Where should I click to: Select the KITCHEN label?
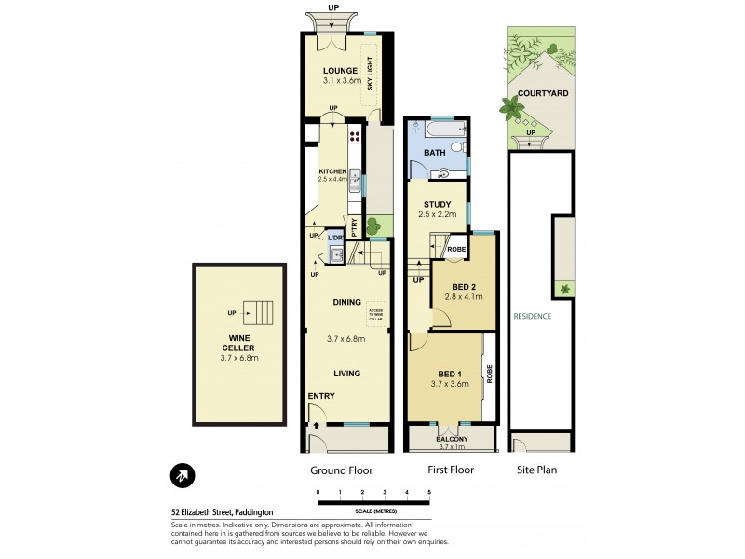tap(332, 171)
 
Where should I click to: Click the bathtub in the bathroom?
tap(437, 130)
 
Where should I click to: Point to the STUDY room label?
tap(437, 204)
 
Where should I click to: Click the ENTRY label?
tap(321, 396)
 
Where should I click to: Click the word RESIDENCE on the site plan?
tap(532, 316)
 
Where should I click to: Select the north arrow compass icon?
tap(183, 475)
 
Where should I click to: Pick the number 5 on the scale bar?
tap(429, 491)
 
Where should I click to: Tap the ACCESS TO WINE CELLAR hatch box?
tap(376, 314)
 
